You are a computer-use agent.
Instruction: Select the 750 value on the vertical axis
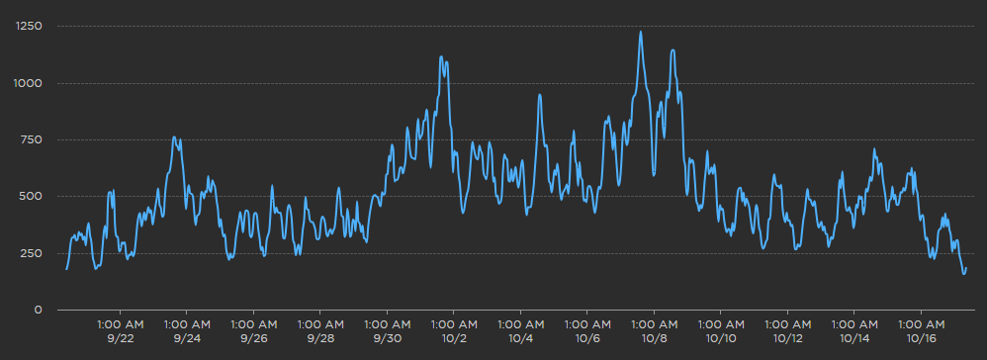click(33, 139)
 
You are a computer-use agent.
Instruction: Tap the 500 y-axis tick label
click(33, 197)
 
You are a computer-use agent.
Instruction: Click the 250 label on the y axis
click(33, 253)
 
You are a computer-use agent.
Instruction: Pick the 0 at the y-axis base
click(39, 311)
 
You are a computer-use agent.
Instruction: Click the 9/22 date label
click(120, 339)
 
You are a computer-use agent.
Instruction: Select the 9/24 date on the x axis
click(186, 339)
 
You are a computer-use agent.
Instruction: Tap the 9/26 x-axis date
click(253, 339)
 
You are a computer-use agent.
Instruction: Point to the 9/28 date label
click(319, 339)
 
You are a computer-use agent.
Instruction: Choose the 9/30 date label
click(387, 339)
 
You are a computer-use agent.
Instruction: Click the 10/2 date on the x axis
click(453, 339)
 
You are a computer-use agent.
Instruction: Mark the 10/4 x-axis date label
click(520, 339)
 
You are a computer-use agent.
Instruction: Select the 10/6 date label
click(586, 339)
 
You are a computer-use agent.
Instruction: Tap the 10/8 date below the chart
click(654, 339)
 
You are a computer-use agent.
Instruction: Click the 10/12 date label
click(787, 339)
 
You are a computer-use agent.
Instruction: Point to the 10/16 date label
click(921, 339)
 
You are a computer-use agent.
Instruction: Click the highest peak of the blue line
click(641, 32)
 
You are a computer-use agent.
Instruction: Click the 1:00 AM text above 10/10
click(721, 323)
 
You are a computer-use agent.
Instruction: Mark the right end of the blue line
click(966, 268)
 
